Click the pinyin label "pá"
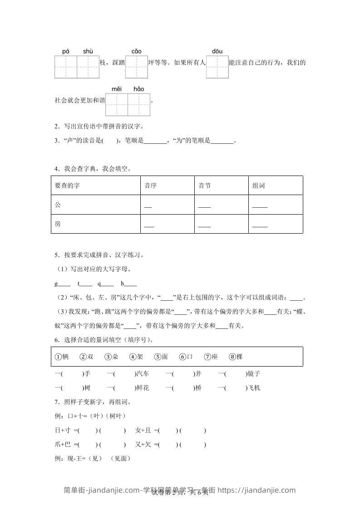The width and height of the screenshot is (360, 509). pos(66,52)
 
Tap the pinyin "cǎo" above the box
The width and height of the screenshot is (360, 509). pos(136,52)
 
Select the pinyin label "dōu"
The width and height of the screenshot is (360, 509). pos(217,52)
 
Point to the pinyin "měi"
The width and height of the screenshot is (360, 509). pos(117,89)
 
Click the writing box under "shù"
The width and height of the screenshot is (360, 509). pos(88,67)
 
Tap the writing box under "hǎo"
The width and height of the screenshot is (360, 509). pos(139,104)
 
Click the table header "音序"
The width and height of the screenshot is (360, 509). pos(150,186)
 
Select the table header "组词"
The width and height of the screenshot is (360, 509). pos(259,186)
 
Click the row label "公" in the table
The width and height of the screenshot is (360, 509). pos(57,205)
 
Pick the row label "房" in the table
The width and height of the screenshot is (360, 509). pos(57,224)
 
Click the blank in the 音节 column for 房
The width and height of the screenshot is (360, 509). pos(204,226)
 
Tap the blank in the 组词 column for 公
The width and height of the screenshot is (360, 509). pos(260,207)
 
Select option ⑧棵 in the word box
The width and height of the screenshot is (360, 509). pos(236,357)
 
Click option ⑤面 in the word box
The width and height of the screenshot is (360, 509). pos(161,357)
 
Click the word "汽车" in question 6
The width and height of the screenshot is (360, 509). pos(143,374)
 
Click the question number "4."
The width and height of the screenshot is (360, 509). pos(57,169)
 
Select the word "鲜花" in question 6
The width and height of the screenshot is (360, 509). pos(143,388)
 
